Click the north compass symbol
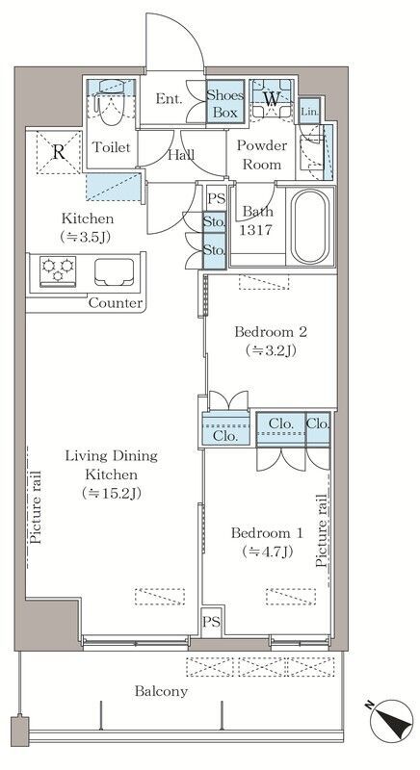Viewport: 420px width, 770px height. click(391, 721)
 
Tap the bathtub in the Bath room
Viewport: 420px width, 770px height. click(310, 227)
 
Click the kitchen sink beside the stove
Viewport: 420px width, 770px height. click(115, 271)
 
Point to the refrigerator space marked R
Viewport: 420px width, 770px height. click(59, 152)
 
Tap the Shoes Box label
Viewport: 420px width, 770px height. click(225, 103)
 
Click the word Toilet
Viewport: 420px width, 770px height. click(112, 147)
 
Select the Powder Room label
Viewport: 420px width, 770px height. click(262, 155)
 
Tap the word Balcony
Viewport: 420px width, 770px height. click(161, 691)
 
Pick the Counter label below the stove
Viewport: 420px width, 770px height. click(116, 303)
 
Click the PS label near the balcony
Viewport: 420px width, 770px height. click(212, 622)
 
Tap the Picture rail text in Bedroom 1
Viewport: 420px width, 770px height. click(322, 531)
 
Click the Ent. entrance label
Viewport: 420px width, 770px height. click(169, 98)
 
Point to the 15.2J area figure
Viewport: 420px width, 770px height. click(112, 493)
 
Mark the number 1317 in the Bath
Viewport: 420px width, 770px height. click(256, 230)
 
